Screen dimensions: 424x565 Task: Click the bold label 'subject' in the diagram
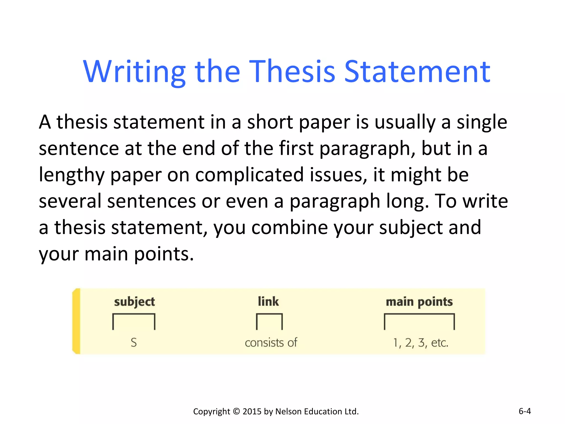pos(134,302)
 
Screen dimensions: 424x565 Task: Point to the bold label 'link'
pos(268,301)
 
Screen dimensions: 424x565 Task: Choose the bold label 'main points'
pos(419,302)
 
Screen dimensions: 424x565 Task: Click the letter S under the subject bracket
pos(134,343)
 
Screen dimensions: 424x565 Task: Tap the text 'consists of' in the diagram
pos(271,343)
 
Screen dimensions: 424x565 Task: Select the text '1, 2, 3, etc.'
pos(421,343)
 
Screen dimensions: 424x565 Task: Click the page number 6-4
pos(524,411)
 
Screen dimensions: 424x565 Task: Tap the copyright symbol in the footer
pos(236,411)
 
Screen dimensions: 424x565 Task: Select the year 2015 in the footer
pos(252,411)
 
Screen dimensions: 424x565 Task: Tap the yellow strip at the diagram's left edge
pos(76,321)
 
